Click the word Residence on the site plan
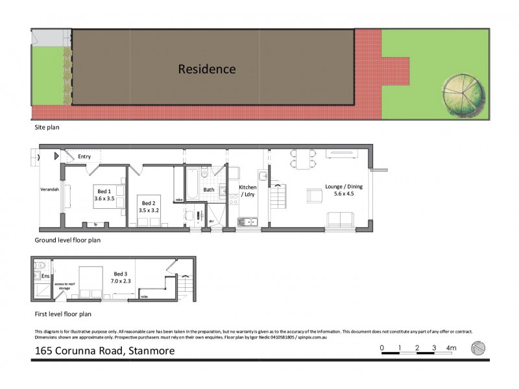point(207,69)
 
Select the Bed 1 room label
point(104,191)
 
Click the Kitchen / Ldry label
point(248,191)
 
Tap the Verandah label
point(50,189)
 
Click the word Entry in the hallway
point(85,156)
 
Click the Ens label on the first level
point(45,276)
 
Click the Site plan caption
point(47,128)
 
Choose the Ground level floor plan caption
point(67,240)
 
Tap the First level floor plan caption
point(63,314)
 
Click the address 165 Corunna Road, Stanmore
point(104,351)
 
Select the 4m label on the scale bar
point(452,348)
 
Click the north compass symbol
point(478,348)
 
